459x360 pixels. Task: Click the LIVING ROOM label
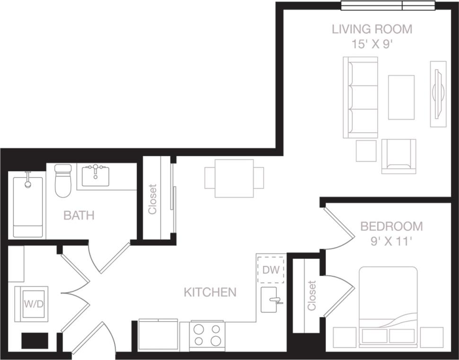point(372,29)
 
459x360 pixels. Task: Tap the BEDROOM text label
point(391,225)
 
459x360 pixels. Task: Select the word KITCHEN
point(210,292)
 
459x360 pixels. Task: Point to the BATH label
point(79,216)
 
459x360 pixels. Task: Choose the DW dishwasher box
point(271,270)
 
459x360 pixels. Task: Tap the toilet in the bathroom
point(62,181)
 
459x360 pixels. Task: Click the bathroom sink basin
point(96,176)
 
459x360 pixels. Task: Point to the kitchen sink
point(271,299)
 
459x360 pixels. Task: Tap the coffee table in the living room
point(401,97)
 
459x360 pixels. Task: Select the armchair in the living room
point(398,156)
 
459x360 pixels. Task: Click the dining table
point(234,178)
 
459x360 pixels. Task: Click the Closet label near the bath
point(152,199)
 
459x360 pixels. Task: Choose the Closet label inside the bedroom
point(311,296)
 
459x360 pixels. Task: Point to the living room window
point(388,6)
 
